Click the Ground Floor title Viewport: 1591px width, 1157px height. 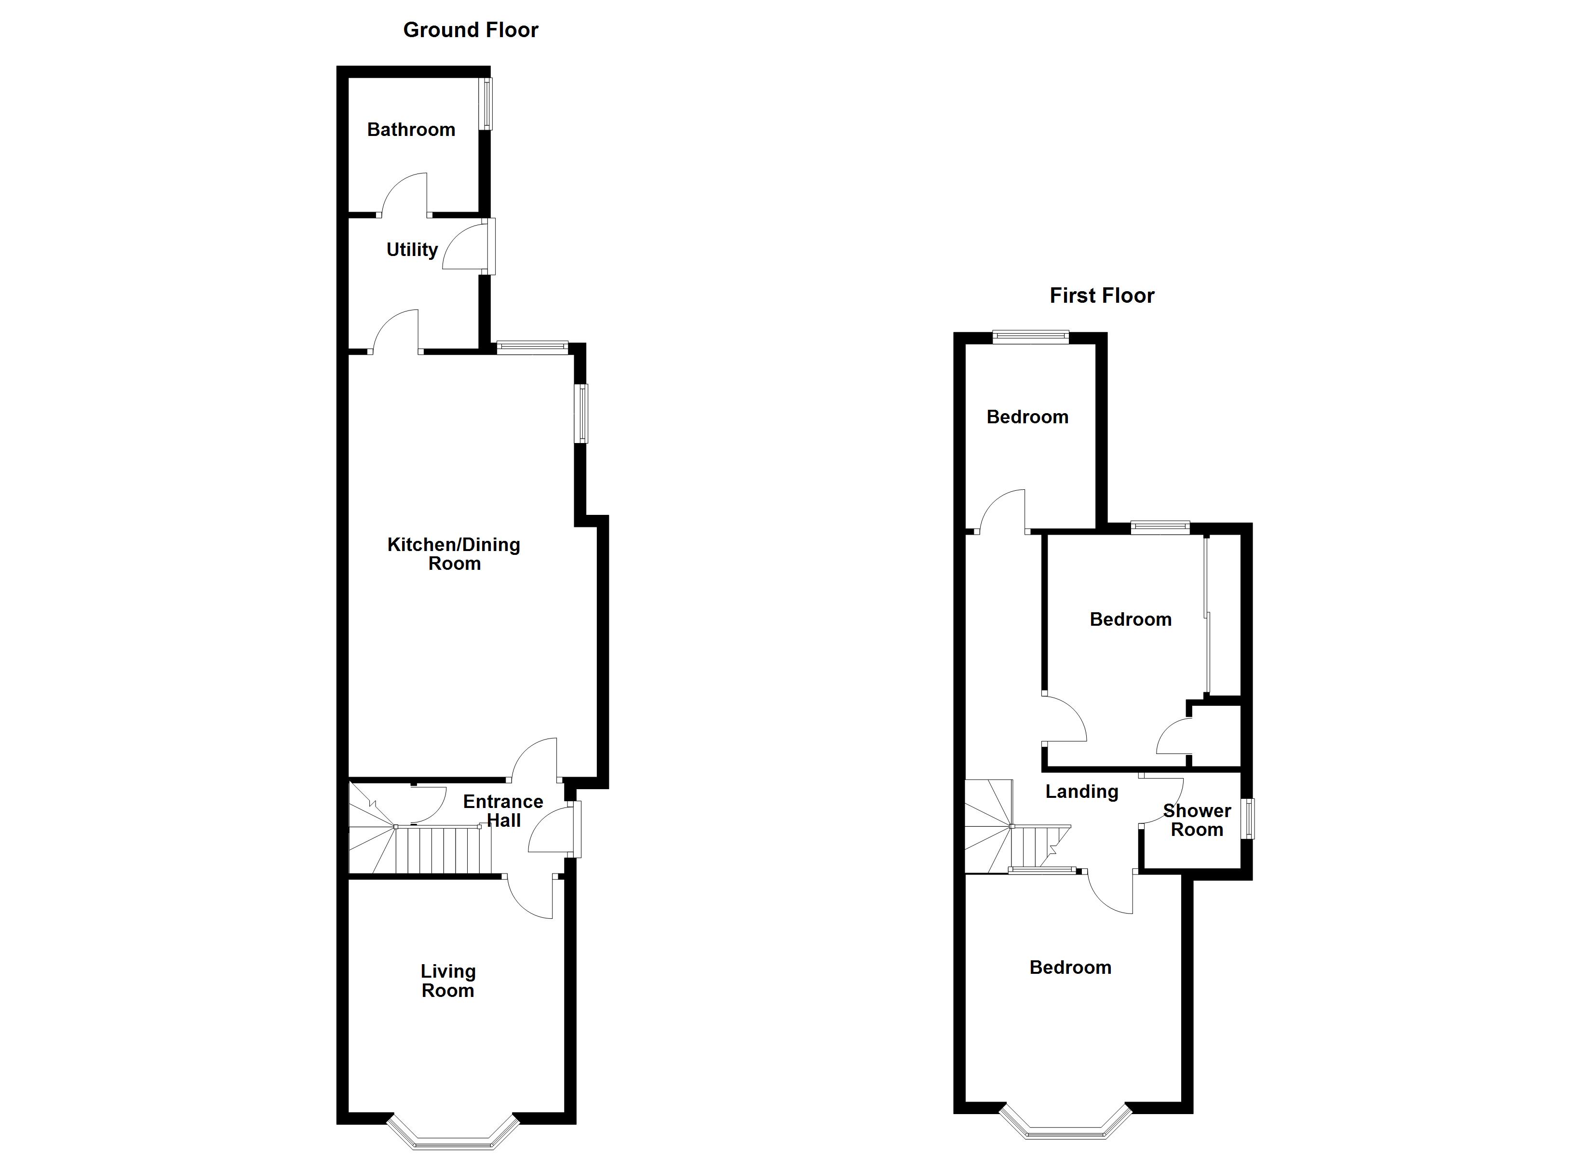(x=470, y=30)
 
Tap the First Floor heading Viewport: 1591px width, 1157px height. (x=1101, y=296)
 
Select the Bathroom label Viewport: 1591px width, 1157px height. (x=411, y=130)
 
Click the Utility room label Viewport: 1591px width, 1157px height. (x=412, y=250)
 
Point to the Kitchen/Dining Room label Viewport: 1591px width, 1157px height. (x=454, y=553)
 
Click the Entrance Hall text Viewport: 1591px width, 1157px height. (x=503, y=811)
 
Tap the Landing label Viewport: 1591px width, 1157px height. (x=1082, y=792)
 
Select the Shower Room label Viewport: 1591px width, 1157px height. (x=1197, y=820)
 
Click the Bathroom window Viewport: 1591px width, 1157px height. (x=485, y=104)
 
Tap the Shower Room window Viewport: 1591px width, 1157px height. (x=1248, y=819)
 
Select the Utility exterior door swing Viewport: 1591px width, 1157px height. (x=464, y=247)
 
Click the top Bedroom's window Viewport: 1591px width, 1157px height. (x=1030, y=337)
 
